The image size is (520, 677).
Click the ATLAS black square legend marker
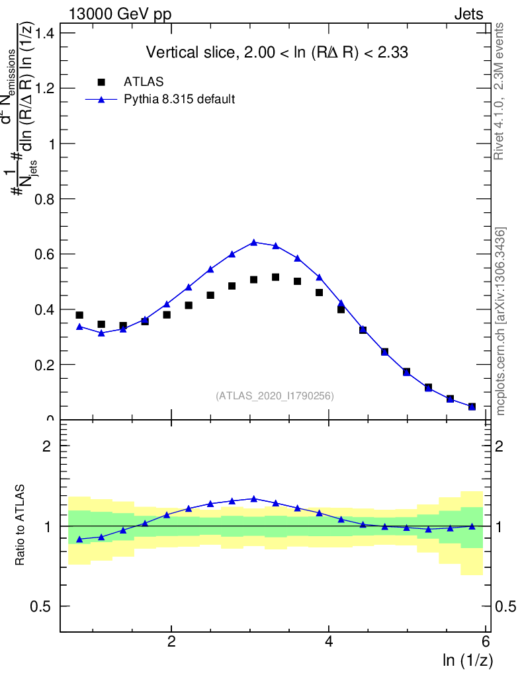(101, 82)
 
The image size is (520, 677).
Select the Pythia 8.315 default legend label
(179, 100)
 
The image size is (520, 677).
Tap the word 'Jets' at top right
(468, 15)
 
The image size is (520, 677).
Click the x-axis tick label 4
(329, 642)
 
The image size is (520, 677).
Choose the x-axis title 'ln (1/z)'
(468, 660)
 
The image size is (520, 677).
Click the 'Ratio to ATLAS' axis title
(22, 526)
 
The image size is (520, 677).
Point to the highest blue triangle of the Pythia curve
(254, 243)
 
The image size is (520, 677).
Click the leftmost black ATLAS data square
(79, 315)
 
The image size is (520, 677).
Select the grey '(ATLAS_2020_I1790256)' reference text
(274, 396)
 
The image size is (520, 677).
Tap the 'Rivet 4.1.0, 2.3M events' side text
(499, 91)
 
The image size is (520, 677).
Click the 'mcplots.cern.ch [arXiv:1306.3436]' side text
(501, 321)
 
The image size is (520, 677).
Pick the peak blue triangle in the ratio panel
(254, 498)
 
